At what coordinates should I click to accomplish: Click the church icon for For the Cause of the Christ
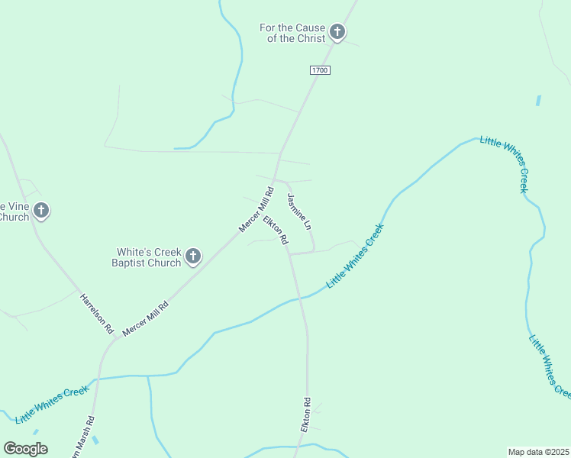click(337, 33)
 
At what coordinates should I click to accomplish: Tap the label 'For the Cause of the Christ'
click(292, 33)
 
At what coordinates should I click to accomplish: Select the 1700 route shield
click(320, 70)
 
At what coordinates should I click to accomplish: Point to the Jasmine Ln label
click(299, 212)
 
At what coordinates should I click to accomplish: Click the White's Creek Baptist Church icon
click(193, 256)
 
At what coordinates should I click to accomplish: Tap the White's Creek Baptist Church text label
click(148, 257)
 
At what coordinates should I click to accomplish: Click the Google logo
click(25, 449)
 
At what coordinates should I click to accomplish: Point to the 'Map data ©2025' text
click(539, 452)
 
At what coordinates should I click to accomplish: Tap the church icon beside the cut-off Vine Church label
click(41, 210)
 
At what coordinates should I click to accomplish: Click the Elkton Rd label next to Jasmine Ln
click(276, 230)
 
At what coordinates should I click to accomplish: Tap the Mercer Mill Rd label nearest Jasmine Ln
click(256, 211)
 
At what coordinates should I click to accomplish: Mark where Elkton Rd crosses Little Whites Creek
click(301, 297)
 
